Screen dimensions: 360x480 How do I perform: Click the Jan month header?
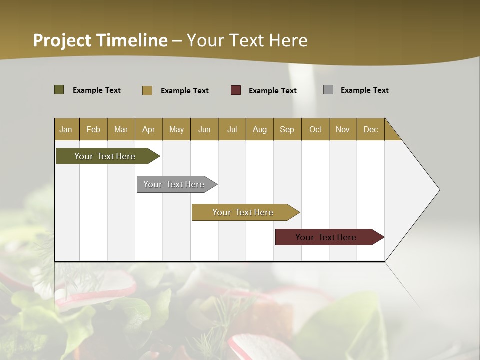pyautogui.click(x=66, y=129)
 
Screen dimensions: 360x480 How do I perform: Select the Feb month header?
pyautogui.click(x=93, y=129)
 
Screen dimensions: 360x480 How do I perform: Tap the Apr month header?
pyautogui.click(x=148, y=129)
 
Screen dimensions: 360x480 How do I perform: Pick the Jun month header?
pyautogui.click(x=204, y=129)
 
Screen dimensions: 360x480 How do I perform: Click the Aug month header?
pyautogui.click(x=259, y=129)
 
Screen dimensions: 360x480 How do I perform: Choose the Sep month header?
pyautogui.click(x=287, y=129)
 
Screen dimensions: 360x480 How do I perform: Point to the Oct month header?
pyautogui.click(x=315, y=129)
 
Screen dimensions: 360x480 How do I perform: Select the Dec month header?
pyautogui.click(x=370, y=129)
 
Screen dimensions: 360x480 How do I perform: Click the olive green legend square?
pyautogui.click(x=59, y=90)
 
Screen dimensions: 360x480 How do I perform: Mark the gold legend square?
pyautogui.click(x=147, y=90)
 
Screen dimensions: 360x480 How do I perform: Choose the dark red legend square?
pyautogui.click(x=236, y=90)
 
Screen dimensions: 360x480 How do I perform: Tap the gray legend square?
pyautogui.click(x=328, y=90)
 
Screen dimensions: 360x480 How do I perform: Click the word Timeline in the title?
pyautogui.click(x=132, y=40)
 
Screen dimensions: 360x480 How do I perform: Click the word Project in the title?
pyautogui.click(x=62, y=40)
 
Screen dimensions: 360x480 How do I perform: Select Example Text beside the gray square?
pyautogui.click(x=364, y=90)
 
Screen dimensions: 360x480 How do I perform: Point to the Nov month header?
pyautogui.click(x=343, y=129)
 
